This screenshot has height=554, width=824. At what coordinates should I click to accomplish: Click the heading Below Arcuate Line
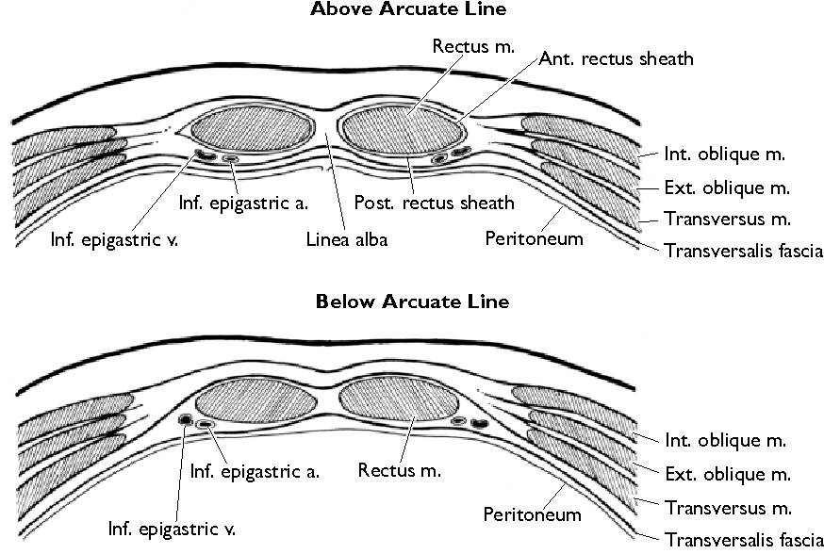[411, 301]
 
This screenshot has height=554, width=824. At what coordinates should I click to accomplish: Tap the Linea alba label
[346, 239]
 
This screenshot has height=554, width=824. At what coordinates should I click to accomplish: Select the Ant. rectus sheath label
[617, 58]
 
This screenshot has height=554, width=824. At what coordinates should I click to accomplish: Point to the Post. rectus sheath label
[435, 203]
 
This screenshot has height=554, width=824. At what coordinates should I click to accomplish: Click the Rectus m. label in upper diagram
[473, 45]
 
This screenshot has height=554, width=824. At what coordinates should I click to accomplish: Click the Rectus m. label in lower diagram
[400, 468]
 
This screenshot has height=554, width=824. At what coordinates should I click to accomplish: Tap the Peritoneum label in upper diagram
[534, 238]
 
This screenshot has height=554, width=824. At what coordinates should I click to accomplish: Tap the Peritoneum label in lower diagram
[532, 514]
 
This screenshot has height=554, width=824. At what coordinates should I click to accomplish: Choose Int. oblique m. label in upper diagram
[725, 154]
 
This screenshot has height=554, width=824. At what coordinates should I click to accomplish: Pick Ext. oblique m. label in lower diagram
[727, 474]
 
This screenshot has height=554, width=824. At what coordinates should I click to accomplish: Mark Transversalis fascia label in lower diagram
[744, 540]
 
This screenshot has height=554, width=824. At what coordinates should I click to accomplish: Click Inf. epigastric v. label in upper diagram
[115, 239]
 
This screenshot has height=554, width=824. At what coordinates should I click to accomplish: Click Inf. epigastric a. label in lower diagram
[255, 471]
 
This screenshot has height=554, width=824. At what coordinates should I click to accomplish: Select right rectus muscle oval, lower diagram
[396, 400]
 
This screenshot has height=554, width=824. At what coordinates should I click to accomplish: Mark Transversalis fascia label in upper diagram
[744, 251]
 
